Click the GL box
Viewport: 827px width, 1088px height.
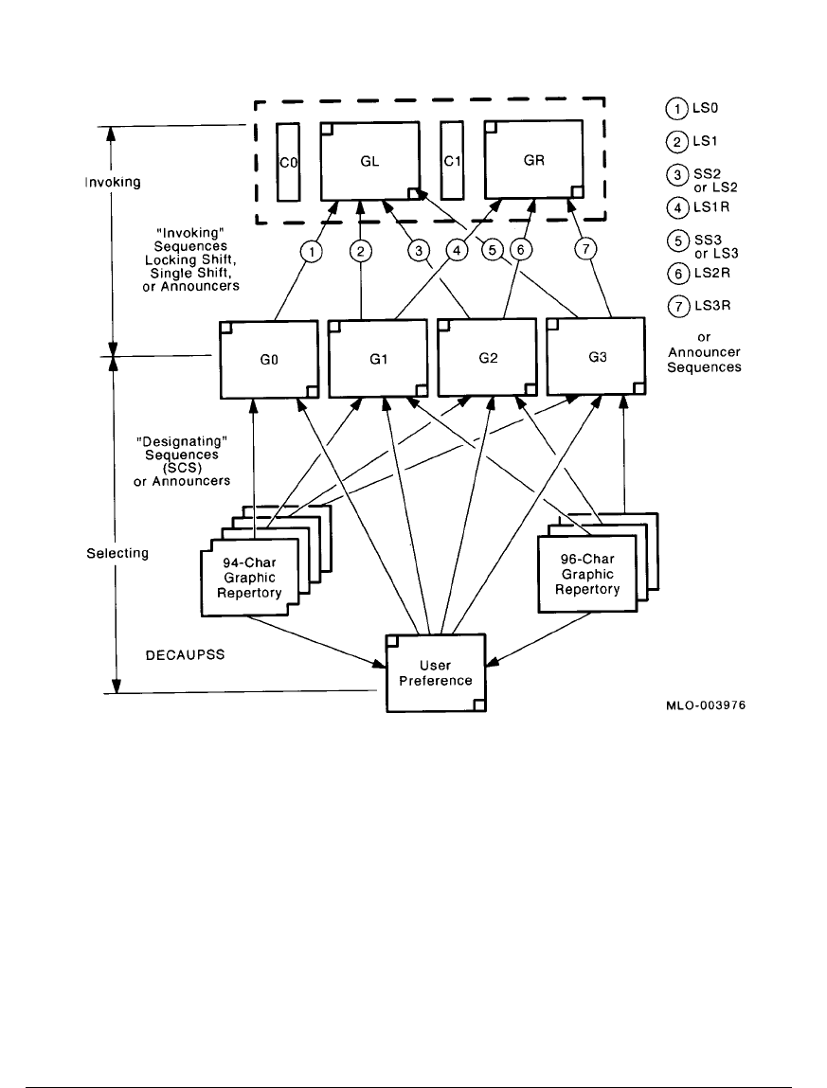[x=370, y=161]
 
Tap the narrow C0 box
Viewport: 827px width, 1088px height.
[x=288, y=162]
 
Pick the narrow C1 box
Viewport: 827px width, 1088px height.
[x=452, y=161]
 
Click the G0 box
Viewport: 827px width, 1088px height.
[x=267, y=360]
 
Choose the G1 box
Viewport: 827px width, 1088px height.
[x=376, y=360]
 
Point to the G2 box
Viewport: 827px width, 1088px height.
[x=486, y=360]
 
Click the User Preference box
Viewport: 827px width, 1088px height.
[x=436, y=672]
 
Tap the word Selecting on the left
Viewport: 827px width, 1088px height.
[x=117, y=554]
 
